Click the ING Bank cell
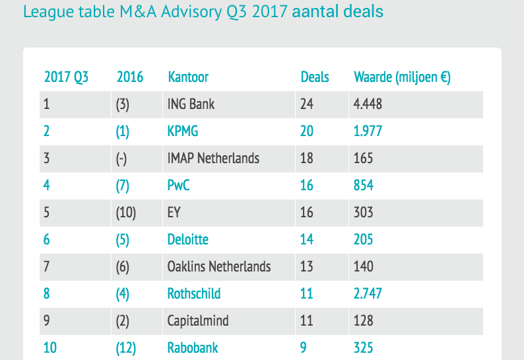191,104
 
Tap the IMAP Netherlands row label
214,158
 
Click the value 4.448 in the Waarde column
368,104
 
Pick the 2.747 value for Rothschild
368,293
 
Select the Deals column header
315,77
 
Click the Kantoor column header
188,77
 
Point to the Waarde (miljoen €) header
402,77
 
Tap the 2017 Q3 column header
66,77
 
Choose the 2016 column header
130,77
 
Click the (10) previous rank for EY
126,212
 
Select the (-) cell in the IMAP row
123,158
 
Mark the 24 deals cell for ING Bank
307,104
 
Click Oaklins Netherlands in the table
219,266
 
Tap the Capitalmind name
199,320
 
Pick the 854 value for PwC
364,185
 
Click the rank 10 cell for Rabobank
50,347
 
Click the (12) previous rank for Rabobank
126,347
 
